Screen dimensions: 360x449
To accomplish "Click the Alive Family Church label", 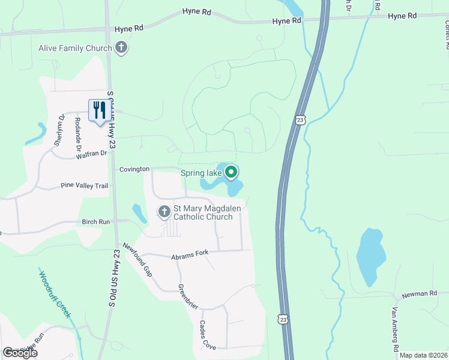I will point(75,48).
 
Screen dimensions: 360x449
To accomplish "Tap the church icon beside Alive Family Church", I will point(122,47).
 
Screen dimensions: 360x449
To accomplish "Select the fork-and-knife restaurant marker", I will point(98,110).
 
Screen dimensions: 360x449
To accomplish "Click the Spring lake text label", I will point(201,174).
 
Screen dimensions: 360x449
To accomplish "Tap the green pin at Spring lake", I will point(232,173).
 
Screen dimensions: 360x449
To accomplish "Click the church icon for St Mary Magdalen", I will point(164,211).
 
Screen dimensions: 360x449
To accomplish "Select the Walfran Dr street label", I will point(91,154).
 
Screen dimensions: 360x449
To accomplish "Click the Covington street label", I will point(134,169).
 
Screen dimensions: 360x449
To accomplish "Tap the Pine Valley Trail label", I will point(84,186).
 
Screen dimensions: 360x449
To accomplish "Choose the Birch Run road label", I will point(96,222).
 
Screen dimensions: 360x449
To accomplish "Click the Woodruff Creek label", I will point(55,295).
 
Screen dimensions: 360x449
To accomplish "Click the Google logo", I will point(20,353).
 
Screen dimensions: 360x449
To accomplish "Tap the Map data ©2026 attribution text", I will point(423,355).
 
